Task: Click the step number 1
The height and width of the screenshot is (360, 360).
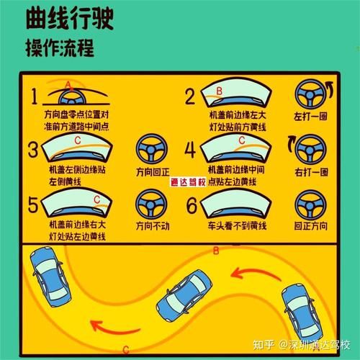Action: coord(34,96)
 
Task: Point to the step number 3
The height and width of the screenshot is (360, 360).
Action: coord(33,150)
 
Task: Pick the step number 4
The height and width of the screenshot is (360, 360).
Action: coord(190,150)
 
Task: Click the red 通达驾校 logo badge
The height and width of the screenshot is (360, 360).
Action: coord(188,182)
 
